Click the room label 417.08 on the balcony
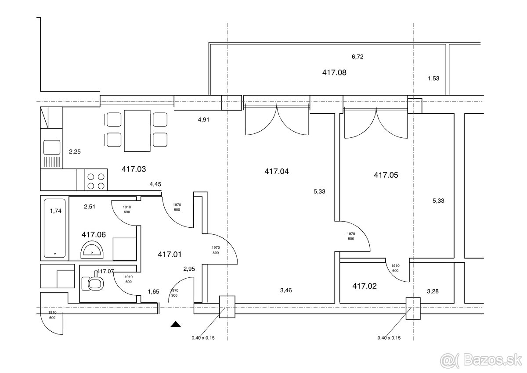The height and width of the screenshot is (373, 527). (x=334, y=72)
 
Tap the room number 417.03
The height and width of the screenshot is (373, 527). (x=134, y=169)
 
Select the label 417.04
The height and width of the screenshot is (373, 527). (x=276, y=171)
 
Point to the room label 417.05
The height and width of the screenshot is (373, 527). (x=386, y=175)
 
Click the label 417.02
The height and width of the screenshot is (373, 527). (x=365, y=286)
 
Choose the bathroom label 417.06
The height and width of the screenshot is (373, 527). (x=94, y=234)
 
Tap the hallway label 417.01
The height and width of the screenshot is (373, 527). (x=170, y=255)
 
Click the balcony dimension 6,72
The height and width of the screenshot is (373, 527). (x=357, y=57)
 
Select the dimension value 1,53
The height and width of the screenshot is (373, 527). (x=433, y=78)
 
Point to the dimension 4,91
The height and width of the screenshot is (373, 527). (x=203, y=120)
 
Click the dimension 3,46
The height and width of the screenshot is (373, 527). (x=286, y=290)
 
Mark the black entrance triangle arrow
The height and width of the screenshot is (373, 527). (x=176, y=324)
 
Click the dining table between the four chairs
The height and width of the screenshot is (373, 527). (x=137, y=131)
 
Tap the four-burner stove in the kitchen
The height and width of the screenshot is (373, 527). (x=96, y=179)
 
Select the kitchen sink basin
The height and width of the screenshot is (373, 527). (x=52, y=147)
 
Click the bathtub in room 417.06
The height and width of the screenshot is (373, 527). (x=55, y=228)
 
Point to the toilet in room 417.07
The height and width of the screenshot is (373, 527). (x=93, y=282)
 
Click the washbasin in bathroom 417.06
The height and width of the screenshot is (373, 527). (x=92, y=250)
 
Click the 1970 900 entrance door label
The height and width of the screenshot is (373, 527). (x=174, y=293)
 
